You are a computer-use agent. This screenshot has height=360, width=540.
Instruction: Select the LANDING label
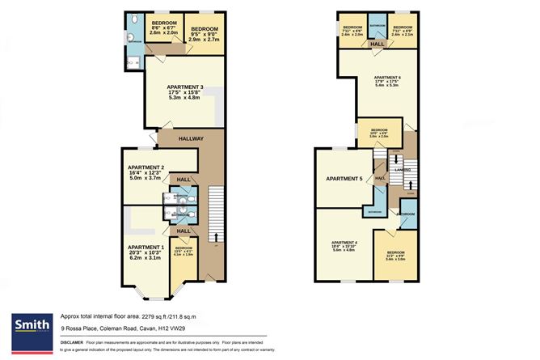400,170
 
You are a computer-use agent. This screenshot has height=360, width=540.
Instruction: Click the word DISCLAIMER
76,344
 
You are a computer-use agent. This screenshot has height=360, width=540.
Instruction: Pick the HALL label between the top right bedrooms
377,44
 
